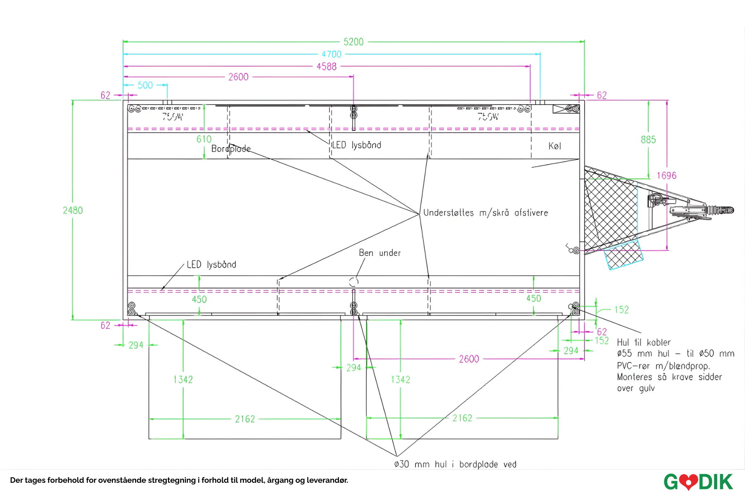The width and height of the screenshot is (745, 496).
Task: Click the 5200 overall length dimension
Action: [x=353, y=42]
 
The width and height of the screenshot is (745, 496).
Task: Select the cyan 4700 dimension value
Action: [x=332, y=54]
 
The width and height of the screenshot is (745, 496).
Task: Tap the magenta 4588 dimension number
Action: [x=327, y=67]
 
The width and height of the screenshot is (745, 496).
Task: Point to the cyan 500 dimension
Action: [x=145, y=85]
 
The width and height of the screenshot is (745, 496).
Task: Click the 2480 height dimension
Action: [x=73, y=210]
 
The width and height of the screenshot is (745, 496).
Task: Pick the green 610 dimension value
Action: [x=204, y=139]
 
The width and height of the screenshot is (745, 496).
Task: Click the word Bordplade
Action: [x=231, y=149]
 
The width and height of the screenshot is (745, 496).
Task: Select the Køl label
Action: [x=555, y=146]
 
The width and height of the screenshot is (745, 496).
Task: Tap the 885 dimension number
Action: [x=648, y=140]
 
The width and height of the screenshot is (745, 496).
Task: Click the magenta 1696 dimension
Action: [x=666, y=176]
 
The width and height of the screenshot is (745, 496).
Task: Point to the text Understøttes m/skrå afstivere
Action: [x=485, y=213]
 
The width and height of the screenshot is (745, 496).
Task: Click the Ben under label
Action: [x=380, y=253]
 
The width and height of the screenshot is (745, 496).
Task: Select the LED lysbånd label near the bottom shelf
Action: [x=211, y=265]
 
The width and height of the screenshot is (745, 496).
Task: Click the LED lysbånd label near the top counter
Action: [x=356, y=145]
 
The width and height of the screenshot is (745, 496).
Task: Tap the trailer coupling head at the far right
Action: [x=722, y=210]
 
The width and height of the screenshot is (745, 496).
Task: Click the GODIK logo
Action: [x=698, y=482]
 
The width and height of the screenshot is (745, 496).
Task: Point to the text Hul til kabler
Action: [x=644, y=342]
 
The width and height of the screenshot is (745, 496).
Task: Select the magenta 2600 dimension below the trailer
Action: [x=469, y=359]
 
